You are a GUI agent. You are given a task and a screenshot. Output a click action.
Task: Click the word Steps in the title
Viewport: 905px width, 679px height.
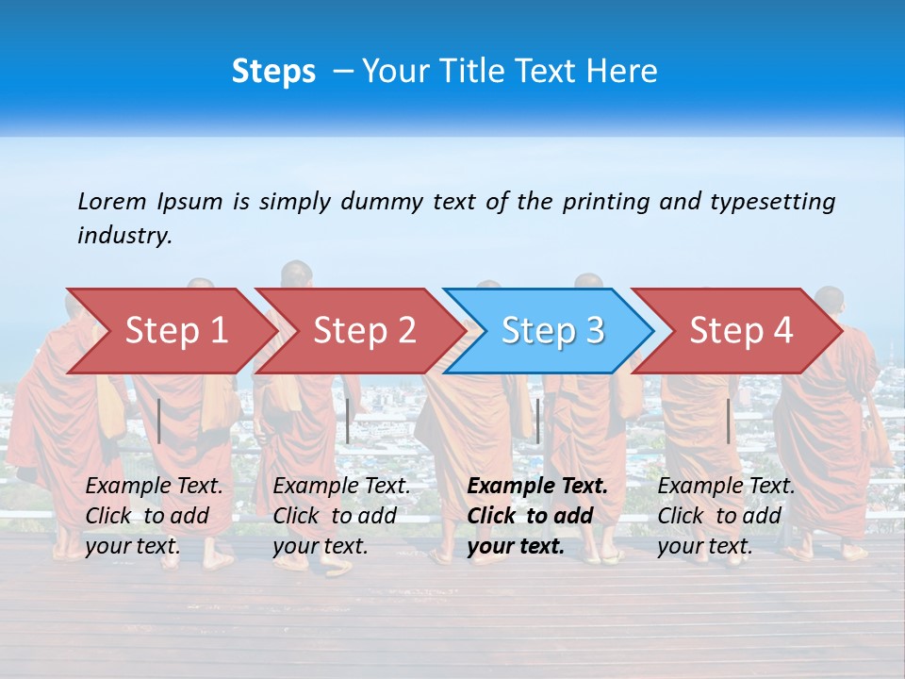click(x=273, y=72)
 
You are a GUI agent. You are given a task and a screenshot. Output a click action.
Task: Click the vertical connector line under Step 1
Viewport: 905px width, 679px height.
click(x=159, y=421)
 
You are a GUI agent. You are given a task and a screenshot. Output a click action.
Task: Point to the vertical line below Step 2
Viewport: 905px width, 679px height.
click(x=348, y=421)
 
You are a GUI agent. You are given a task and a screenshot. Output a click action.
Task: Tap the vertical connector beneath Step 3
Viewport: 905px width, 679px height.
click(x=537, y=421)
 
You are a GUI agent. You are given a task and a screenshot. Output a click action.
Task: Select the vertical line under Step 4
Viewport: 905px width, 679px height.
click(x=728, y=421)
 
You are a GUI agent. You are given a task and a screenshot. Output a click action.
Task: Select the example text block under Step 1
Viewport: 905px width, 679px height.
click(x=153, y=516)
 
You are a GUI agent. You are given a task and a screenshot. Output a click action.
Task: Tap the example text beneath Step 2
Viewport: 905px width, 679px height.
click(x=340, y=516)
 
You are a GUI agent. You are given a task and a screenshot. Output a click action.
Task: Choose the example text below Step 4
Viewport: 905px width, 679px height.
click(x=725, y=516)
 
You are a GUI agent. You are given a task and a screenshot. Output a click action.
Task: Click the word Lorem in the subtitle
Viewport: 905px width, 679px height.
click(x=112, y=201)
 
